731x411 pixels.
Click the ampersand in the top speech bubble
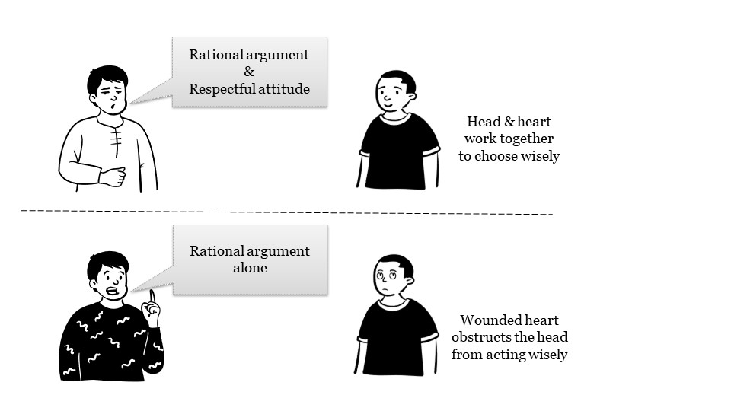pyautogui.click(x=250, y=72)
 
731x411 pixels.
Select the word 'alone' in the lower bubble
pyautogui.click(x=250, y=268)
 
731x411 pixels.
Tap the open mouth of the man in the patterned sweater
pyautogui.click(x=113, y=292)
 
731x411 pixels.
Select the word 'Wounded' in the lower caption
pyautogui.click(x=487, y=320)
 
